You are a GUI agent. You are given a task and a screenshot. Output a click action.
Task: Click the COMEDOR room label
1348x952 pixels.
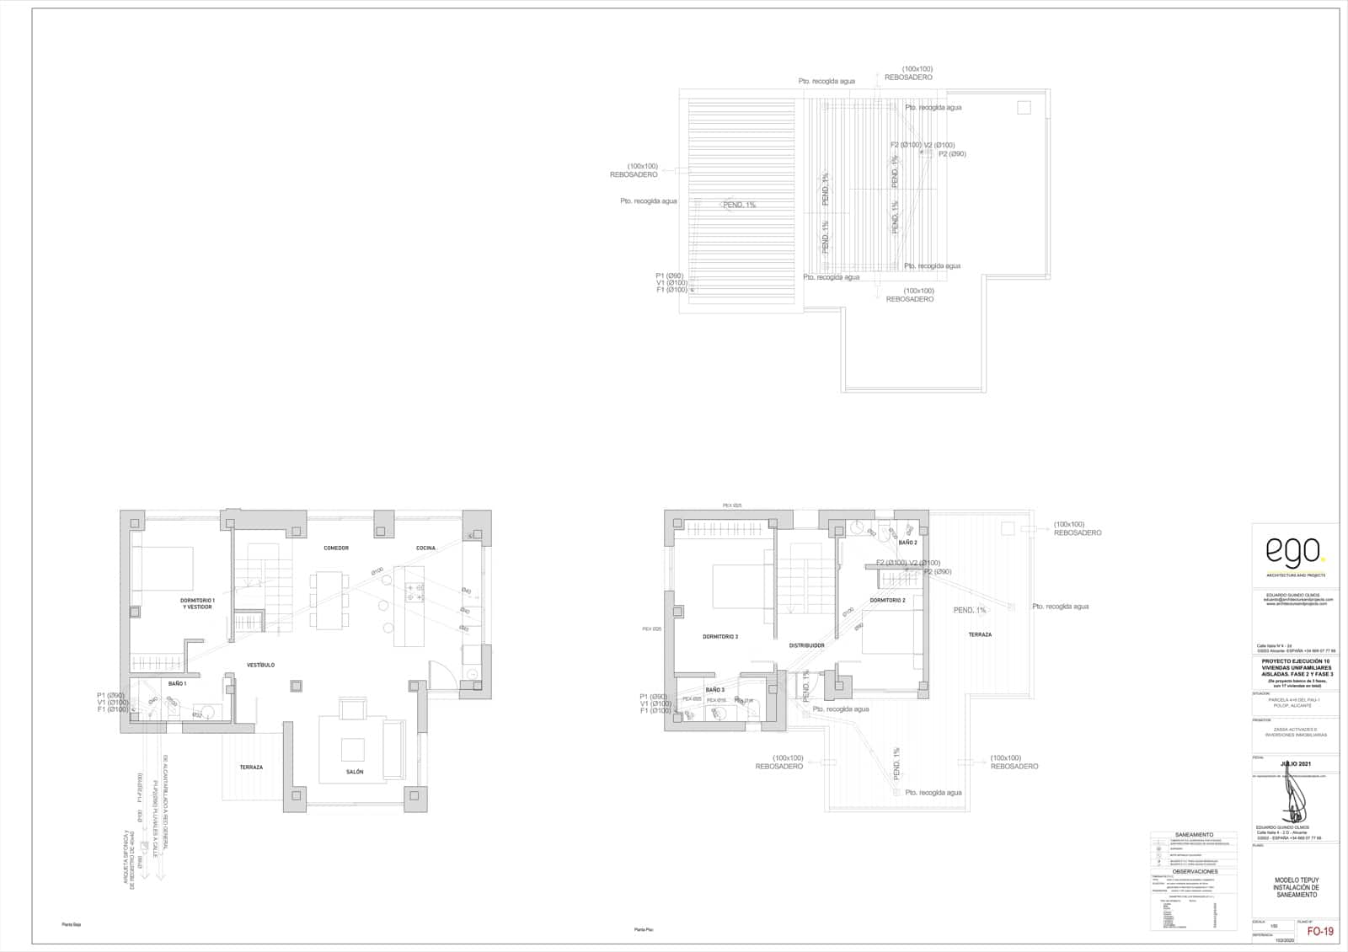(x=336, y=548)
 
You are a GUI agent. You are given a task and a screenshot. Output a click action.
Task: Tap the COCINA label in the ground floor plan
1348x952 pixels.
(x=425, y=548)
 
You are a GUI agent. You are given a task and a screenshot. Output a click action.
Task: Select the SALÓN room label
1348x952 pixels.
(x=355, y=772)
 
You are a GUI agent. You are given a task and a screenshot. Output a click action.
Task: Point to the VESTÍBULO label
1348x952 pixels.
(x=261, y=666)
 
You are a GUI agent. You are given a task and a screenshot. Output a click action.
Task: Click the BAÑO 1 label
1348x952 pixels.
(x=177, y=684)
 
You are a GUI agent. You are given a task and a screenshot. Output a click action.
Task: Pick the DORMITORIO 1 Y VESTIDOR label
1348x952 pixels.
(x=197, y=603)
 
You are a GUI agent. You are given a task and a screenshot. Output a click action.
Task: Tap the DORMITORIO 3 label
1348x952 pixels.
(x=720, y=637)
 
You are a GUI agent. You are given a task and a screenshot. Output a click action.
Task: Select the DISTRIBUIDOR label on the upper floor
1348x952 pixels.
(x=806, y=645)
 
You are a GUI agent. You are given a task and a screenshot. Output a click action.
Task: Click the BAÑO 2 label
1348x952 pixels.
(x=907, y=543)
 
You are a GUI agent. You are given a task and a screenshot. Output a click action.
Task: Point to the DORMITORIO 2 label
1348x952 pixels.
(x=887, y=601)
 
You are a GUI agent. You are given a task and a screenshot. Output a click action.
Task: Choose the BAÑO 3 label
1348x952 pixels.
(x=715, y=690)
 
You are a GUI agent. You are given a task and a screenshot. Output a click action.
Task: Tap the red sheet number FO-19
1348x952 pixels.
(x=1320, y=932)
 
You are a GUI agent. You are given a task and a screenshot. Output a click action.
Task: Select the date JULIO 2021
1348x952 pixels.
(x=1295, y=764)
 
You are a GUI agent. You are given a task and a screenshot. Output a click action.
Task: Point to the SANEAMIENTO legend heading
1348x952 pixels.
(x=1194, y=835)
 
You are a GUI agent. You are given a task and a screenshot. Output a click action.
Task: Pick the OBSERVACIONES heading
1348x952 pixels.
(x=1195, y=872)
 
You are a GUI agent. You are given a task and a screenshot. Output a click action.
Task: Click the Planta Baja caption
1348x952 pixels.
(x=71, y=924)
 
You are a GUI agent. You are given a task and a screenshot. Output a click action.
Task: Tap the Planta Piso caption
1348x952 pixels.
(x=644, y=929)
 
